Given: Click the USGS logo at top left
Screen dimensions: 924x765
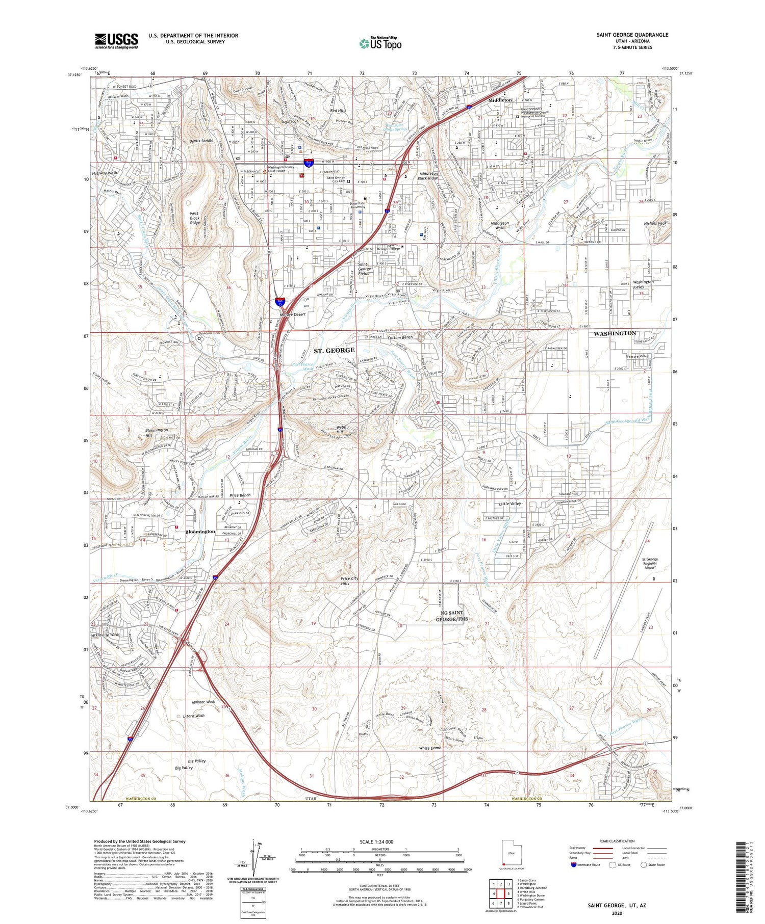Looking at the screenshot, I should [116, 41].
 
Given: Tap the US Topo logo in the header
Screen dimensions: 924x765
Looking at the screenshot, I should [380, 44].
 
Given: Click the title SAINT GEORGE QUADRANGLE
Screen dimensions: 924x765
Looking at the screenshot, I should [632, 35].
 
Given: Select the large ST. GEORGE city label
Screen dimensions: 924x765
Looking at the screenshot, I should [334, 351].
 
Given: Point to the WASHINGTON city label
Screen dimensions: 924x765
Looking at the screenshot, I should [615, 333].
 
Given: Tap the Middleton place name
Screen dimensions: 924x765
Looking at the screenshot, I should [500, 100].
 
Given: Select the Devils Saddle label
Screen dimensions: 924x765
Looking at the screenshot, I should [200, 140].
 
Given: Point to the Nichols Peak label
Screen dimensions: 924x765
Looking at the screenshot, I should [655, 224].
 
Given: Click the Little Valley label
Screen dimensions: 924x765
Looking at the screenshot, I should [510, 504].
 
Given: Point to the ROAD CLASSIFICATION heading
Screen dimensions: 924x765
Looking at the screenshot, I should [617, 841].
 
